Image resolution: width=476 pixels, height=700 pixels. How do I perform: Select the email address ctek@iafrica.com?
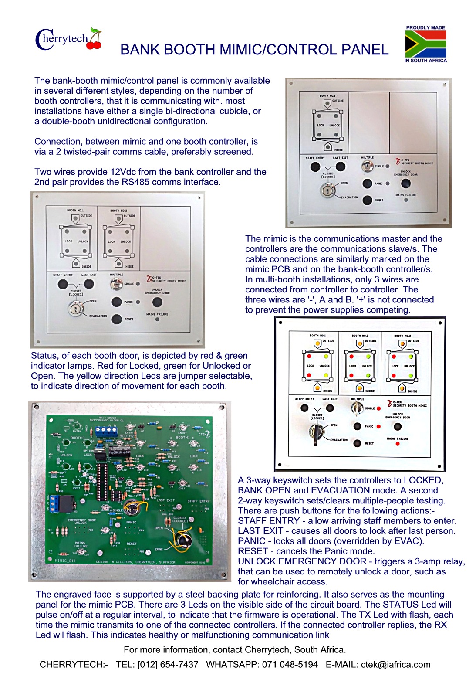click(395, 664)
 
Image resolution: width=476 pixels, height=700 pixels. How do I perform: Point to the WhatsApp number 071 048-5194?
click(290, 664)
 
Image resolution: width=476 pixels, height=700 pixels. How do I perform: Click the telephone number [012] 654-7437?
click(168, 664)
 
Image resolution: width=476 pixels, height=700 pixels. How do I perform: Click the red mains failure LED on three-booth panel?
click(398, 444)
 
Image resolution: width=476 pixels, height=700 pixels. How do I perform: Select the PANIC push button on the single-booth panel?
click(367, 183)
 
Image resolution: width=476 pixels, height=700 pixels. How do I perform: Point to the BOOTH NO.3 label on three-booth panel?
click(402, 336)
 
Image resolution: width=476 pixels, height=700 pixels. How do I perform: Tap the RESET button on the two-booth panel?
click(116, 319)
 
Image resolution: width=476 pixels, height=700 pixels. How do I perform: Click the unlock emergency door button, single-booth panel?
click(405, 183)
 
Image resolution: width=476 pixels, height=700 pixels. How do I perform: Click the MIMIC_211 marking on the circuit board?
click(66, 561)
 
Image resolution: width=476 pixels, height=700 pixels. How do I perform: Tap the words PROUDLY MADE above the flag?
click(425, 27)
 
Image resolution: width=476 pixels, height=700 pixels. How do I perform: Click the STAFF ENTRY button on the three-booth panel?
click(304, 408)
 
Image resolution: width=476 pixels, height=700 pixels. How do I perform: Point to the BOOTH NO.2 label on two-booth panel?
click(118, 211)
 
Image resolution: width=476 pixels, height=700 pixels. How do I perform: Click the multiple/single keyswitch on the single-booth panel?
click(368, 166)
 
